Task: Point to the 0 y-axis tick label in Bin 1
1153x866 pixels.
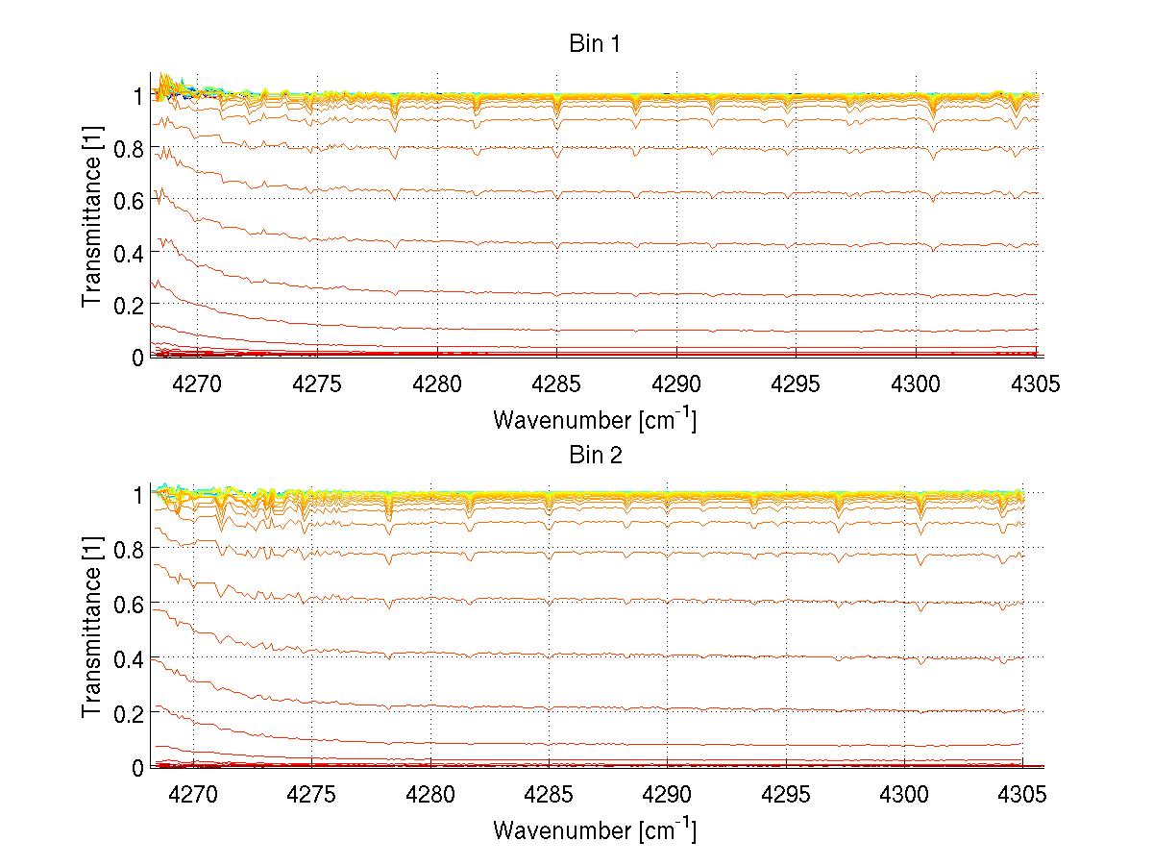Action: [137, 357]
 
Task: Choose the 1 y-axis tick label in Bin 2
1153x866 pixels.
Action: [137, 494]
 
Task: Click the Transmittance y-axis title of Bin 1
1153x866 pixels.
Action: [92, 215]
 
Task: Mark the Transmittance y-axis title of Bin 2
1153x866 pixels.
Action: [92, 627]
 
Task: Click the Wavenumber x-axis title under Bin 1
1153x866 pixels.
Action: [595, 420]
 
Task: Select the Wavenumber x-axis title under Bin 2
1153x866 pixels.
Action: [595, 829]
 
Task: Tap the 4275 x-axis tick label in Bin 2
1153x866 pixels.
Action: [312, 796]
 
